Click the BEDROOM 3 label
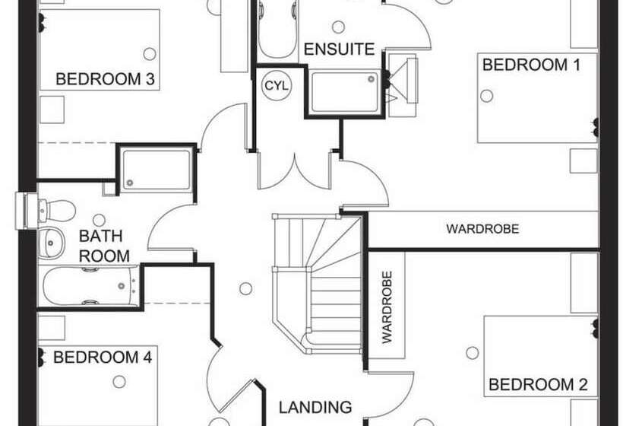coord(106,78)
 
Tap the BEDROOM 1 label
coord(532,65)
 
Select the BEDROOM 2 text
coord(538,385)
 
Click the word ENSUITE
coord(340,50)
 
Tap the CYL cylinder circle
coord(276,85)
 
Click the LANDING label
coord(315,407)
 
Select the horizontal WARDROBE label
coord(482,228)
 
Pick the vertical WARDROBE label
coord(386,307)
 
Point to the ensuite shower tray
coord(343,91)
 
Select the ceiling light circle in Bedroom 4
coord(118,382)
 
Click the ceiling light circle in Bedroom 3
coord(150,53)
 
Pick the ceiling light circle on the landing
coord(245,288)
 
